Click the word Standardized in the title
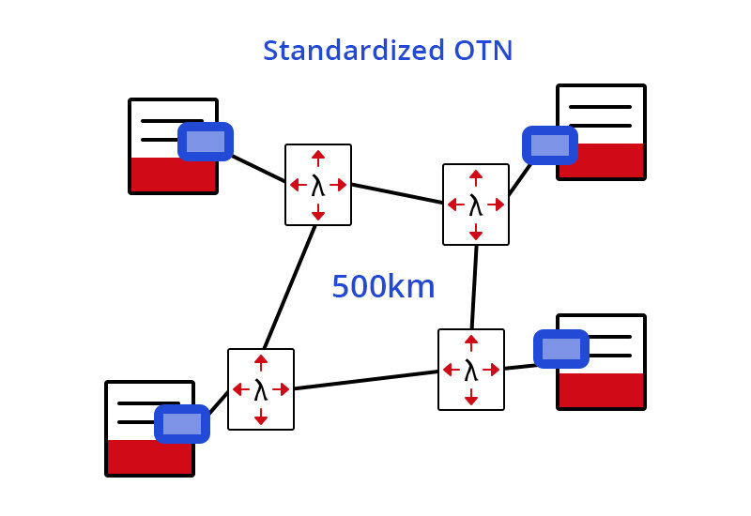(x=343, y=51)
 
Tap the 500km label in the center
(x=383, y=287)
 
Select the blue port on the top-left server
(x=206, y=142)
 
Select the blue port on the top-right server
(x=550, y=145)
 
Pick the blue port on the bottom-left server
(x=182, y=424)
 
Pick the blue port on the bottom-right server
(x=561, y=349)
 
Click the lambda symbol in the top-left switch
(x=318, y=185)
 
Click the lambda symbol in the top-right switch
(x=476, y=205)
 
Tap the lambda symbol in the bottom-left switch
(x=261, y=389)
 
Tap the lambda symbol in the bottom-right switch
(x=471, y=370)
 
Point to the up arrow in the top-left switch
(x=318, y=156)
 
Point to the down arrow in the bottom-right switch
(x=471, y=399)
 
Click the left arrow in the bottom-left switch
(x=238, y=389)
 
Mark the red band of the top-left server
(x=174, y=175)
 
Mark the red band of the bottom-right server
(x=601, y=389)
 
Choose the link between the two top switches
(x=397, y=193)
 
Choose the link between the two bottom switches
(x=366, y=380)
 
